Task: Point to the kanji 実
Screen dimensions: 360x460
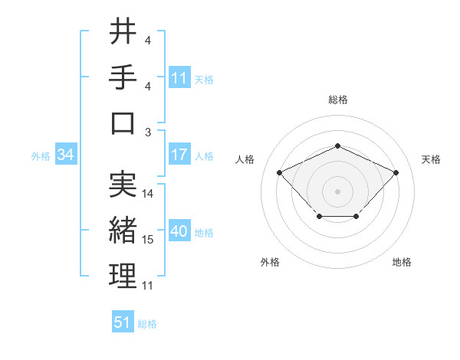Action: tap(123, 184)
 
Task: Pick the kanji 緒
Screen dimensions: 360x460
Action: tap(123, 230)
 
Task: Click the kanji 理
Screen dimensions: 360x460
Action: tap(123, 276)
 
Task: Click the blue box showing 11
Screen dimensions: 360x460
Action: tap(179, 78)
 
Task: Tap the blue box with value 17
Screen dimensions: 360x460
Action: tap(179, 155)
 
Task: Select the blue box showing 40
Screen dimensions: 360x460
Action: tap(179, 232)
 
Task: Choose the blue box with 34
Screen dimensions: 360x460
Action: tap(66, 155)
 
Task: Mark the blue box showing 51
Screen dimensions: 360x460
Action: tap(123, 322)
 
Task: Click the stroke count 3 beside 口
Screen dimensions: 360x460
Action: tap(148, 132)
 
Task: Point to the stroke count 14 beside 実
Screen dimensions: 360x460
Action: tap(148, 193)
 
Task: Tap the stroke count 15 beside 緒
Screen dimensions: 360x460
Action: tap(148, 240)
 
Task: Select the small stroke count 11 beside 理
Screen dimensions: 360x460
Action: tap(148, 286)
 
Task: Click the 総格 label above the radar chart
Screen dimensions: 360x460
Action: tap(338, 100)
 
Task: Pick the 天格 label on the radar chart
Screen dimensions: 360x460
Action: tap(431, 159)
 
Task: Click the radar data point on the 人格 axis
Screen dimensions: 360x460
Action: tap(280, 172)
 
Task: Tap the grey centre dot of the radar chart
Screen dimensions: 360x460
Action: tap(337, 191)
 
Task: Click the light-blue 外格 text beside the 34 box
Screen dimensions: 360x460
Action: tap(41, 156)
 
